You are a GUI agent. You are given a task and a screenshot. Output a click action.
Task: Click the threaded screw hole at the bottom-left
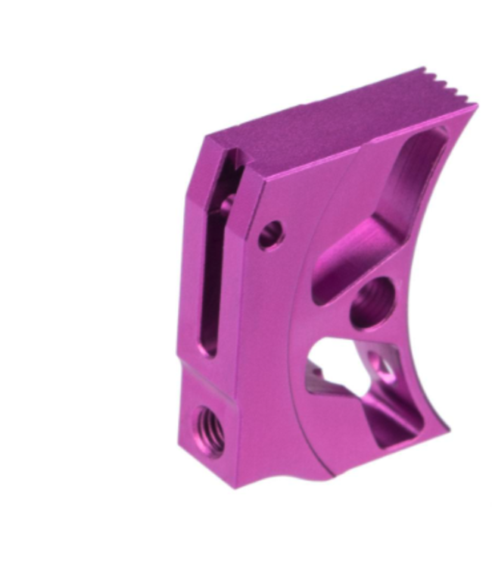click(x=210, y=429)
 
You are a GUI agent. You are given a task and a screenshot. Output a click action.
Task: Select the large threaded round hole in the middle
click(x=372, y=301)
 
